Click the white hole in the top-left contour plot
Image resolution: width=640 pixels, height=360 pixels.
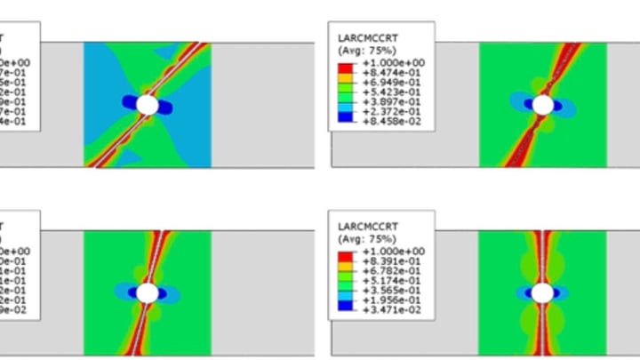(x=148, y=105)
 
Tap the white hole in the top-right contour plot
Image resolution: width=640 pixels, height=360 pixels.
(x=543, y=105)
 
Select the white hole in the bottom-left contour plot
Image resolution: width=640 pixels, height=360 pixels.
(x=148, y=292)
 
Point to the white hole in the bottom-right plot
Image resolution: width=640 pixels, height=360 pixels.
(x=543, y=292)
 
